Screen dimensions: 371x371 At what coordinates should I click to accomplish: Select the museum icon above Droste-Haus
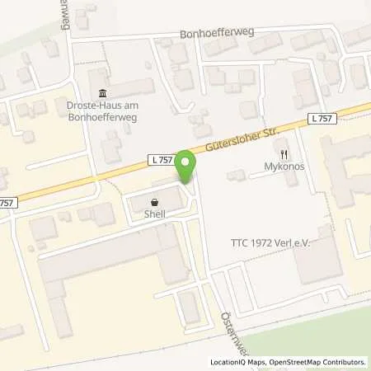click(102, 92)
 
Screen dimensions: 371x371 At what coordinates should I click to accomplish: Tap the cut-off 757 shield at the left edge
click(7, 203)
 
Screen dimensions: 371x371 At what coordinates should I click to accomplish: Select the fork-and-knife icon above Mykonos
click(284, 153)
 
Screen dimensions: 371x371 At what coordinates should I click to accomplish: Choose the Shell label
click(154, 214)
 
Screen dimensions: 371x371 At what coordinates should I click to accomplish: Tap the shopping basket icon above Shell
click(154, 201)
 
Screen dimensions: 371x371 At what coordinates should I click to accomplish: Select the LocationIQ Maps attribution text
click(240, 362)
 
